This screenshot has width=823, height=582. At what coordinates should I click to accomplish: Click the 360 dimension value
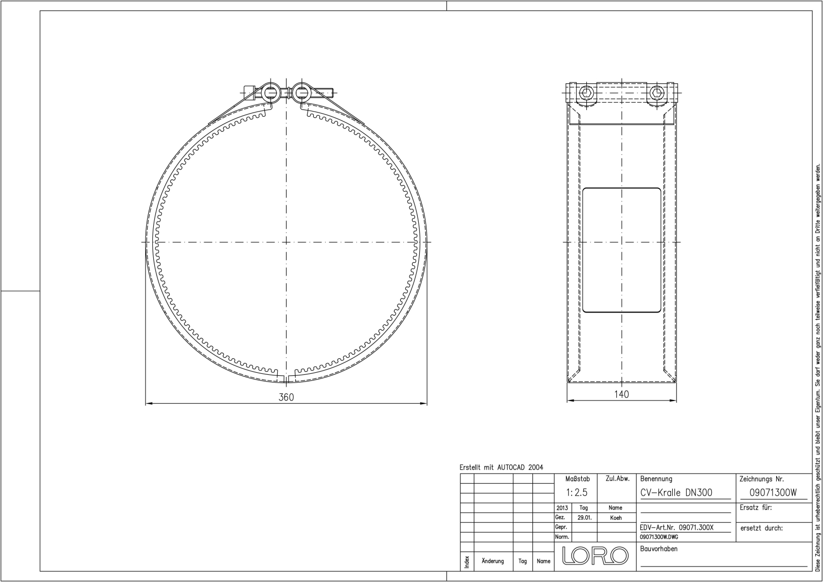coord(286,397)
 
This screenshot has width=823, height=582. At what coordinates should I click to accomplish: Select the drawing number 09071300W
coord(773,493)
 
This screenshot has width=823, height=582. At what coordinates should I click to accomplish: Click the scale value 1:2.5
coord(577,493)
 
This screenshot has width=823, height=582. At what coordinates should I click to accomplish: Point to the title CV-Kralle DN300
coord(676,493)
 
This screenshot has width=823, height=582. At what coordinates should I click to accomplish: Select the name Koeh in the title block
coord(616,518)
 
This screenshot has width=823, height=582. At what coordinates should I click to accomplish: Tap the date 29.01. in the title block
coord(584,518)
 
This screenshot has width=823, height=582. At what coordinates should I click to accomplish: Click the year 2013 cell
coord(562,508)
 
